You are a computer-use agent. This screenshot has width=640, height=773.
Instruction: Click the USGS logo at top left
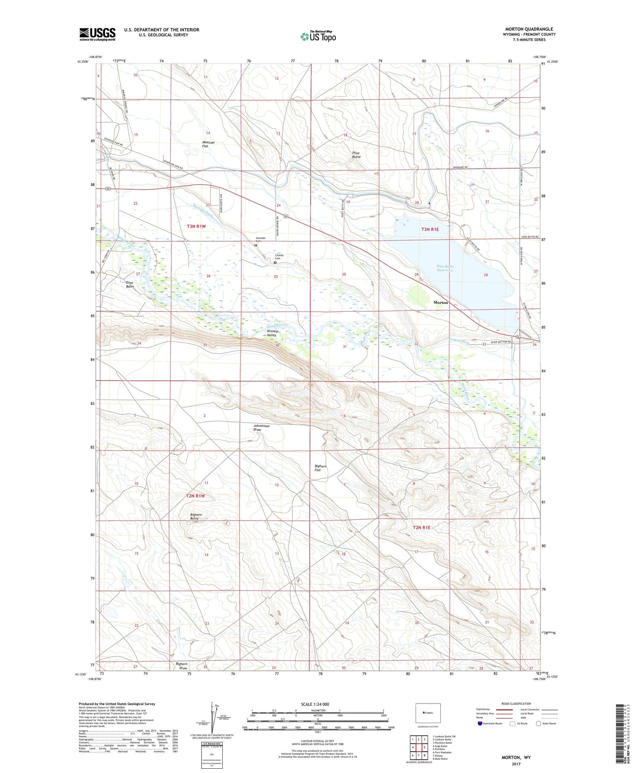click(x=97, y=34)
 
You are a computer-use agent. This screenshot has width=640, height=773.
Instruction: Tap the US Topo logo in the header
click(x=318, y=37)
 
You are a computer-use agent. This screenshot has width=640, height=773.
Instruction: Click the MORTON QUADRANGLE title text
click(x=529, y=29)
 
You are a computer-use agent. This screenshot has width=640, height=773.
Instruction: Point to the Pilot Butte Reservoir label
click(x=445, y=268)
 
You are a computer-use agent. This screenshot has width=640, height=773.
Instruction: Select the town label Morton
click(x=441, y=302)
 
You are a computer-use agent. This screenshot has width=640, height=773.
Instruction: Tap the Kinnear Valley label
click(x=272, y=333)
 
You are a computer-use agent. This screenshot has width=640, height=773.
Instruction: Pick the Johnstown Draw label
click(x=261, y=428)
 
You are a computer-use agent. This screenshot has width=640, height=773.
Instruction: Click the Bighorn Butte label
click(x=197, y=517)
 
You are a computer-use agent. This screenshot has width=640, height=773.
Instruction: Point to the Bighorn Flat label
click(x=320, y=468)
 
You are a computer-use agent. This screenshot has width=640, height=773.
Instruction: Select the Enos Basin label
click(x=130, y=284)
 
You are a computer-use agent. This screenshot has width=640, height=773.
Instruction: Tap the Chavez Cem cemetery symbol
click(x=275, y=263)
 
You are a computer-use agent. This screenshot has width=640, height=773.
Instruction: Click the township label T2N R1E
click(x=422, y=527)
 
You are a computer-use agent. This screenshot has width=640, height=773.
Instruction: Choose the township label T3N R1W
click(x=196, y=226)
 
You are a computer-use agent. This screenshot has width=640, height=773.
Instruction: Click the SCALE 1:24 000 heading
click(x=318, y=704)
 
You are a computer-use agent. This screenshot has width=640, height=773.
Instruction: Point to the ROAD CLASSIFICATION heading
click(x=516, y=704)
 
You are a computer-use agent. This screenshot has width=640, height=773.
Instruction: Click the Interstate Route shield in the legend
click(x=480, y=724)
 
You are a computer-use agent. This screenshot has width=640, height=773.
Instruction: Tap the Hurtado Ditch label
click(x=204, y=209)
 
